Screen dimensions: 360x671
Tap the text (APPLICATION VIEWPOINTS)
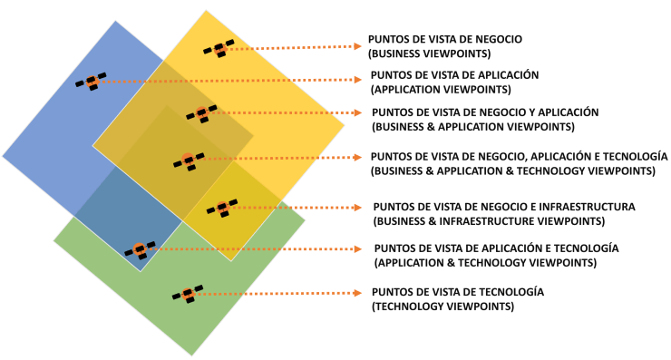tap(441, 89)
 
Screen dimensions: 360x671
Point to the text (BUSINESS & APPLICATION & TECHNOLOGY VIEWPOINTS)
tap(513, 170)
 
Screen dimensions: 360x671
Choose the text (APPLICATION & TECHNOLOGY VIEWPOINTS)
tap(484, 262)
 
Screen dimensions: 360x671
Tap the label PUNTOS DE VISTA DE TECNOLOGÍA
tap(458, 292)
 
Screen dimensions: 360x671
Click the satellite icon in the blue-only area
tap(91, 82)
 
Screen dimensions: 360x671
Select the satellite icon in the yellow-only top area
tap(219, 49)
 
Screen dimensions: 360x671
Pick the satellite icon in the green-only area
tap(187, 294)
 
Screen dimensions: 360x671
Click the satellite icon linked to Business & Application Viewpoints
tap(201, 113)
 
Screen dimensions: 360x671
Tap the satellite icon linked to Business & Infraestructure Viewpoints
tap(222, 208)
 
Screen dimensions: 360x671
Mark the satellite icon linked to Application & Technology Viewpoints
tap(140, 249)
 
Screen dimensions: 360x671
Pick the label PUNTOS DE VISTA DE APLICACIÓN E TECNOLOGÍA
tap(496, 248)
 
